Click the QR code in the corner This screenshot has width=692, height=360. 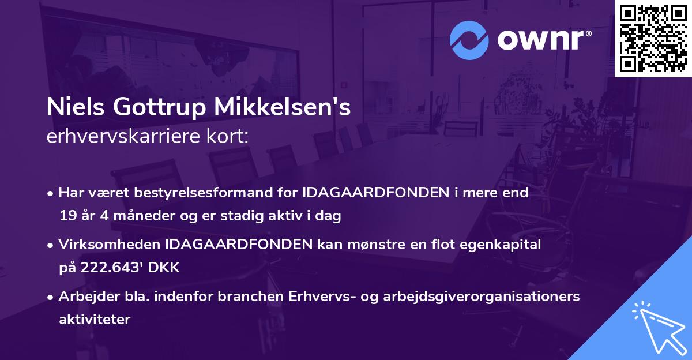[x=653, y=38]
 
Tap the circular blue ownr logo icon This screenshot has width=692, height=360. [x=468, y=40]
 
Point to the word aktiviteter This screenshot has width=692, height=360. [x=95, y=320]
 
